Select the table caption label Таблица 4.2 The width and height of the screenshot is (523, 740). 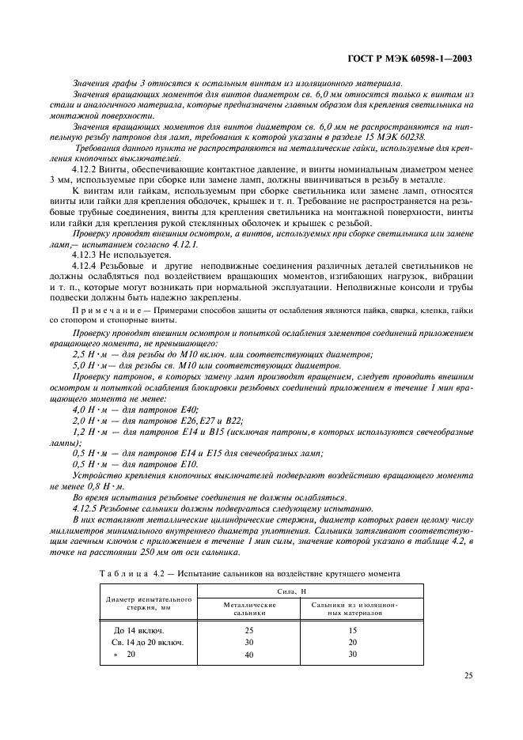(126, 572)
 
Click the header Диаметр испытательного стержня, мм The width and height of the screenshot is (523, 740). (149, 603)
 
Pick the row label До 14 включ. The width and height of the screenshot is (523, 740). (139, 629)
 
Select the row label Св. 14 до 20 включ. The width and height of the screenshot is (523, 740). (146, 642)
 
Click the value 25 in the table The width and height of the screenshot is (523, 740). (250, 629)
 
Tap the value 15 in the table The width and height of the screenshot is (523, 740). (353, 629)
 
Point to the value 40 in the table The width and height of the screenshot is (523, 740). (250, 655)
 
